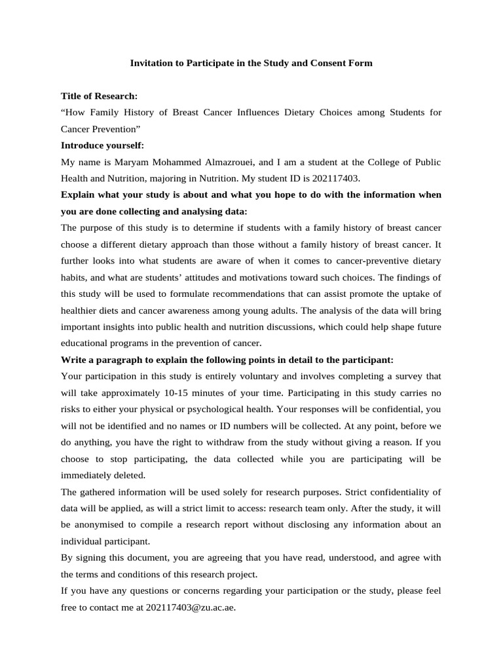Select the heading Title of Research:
[x=99, y=96]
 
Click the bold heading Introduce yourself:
[x=102, y=145]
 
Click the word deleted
[x=148, y=475]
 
